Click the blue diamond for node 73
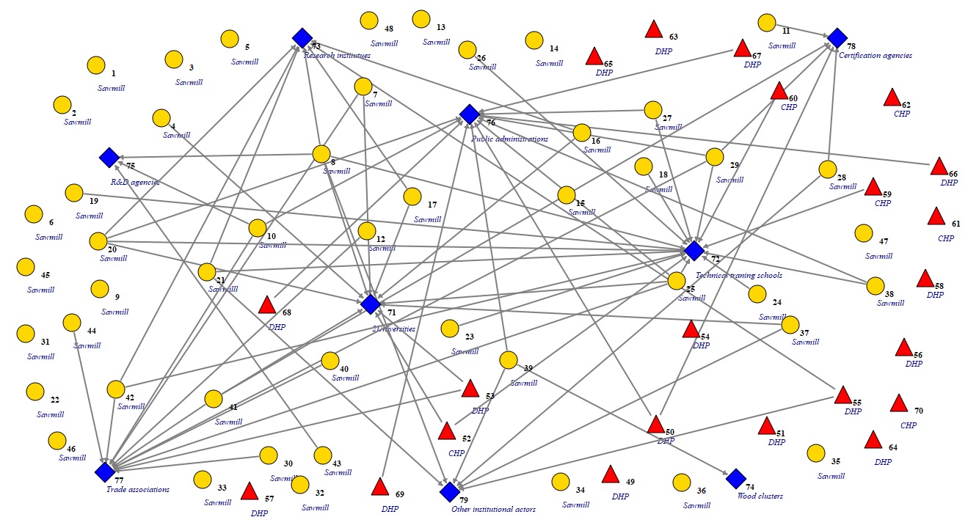pyautogui.click(x=302, y=38)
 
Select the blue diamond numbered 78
pyautogui.click(x=837, y=38)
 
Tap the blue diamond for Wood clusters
pyautogui.click(x=736, y=479)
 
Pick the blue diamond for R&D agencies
pyautogui.click(x=109, y=157)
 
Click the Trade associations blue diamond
pyautogui.click(x=105, y=472)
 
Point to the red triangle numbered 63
pyautogui.click(x=654, y=29)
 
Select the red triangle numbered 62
pyautogui.click(x=892, y=98)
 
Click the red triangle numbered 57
pyautogui.click(x=249, y=491)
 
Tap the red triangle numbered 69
pyautogui.click(x=379, y=486)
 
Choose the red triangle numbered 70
pyautogui.click(x=898, y=403)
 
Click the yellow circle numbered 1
pyautogui.click(x=95, y=65)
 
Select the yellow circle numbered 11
pyautogui.click(x=767, y=23)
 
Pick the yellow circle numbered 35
pyautogui.click(x=815, y=453)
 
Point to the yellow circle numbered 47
pyautogui.click(x=864, y=233)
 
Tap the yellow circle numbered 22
pyautogui.click(x=34, y=392)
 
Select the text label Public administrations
pyautogui.click(x=509, y=139)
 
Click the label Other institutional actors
pyautogui.click(x=493, y=509)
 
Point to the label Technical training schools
pyautogui.click(x=738, y=275)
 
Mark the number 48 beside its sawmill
pyautogui.click(x=388, y=29)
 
